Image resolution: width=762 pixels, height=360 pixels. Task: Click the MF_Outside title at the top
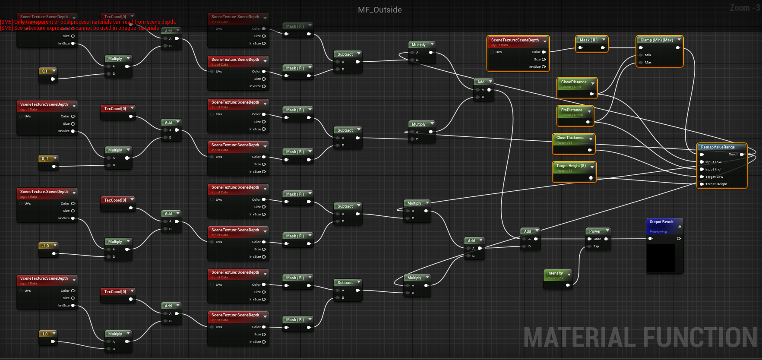pyautogui.click(x=379, y=10)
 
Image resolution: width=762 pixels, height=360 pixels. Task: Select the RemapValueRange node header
pyautogui.click(x=718, y=147)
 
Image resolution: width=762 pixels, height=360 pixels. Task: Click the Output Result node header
pyautogui.click(x=661, y=222)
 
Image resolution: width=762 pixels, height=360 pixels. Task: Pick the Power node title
pyautogui.click(x=595, y=231)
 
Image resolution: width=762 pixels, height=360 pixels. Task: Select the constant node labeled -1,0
pyautogui.click(x=45, y=246)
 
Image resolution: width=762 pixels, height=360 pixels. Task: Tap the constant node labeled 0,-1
pyautogui.click(x=45, y=159)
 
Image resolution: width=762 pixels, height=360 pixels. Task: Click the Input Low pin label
pyautogui.click(x=713, y=162)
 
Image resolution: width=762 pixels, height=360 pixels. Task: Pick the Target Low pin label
pyautogui.click(x=714, y=177)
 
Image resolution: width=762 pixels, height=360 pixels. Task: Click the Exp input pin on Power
pyautogui.click(x=589, y=246)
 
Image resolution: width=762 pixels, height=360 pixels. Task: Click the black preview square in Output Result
pyautogui.click(x=661, y=258)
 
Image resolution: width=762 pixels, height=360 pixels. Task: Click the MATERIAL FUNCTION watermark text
pyautogui.click(x=640, y=338)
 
